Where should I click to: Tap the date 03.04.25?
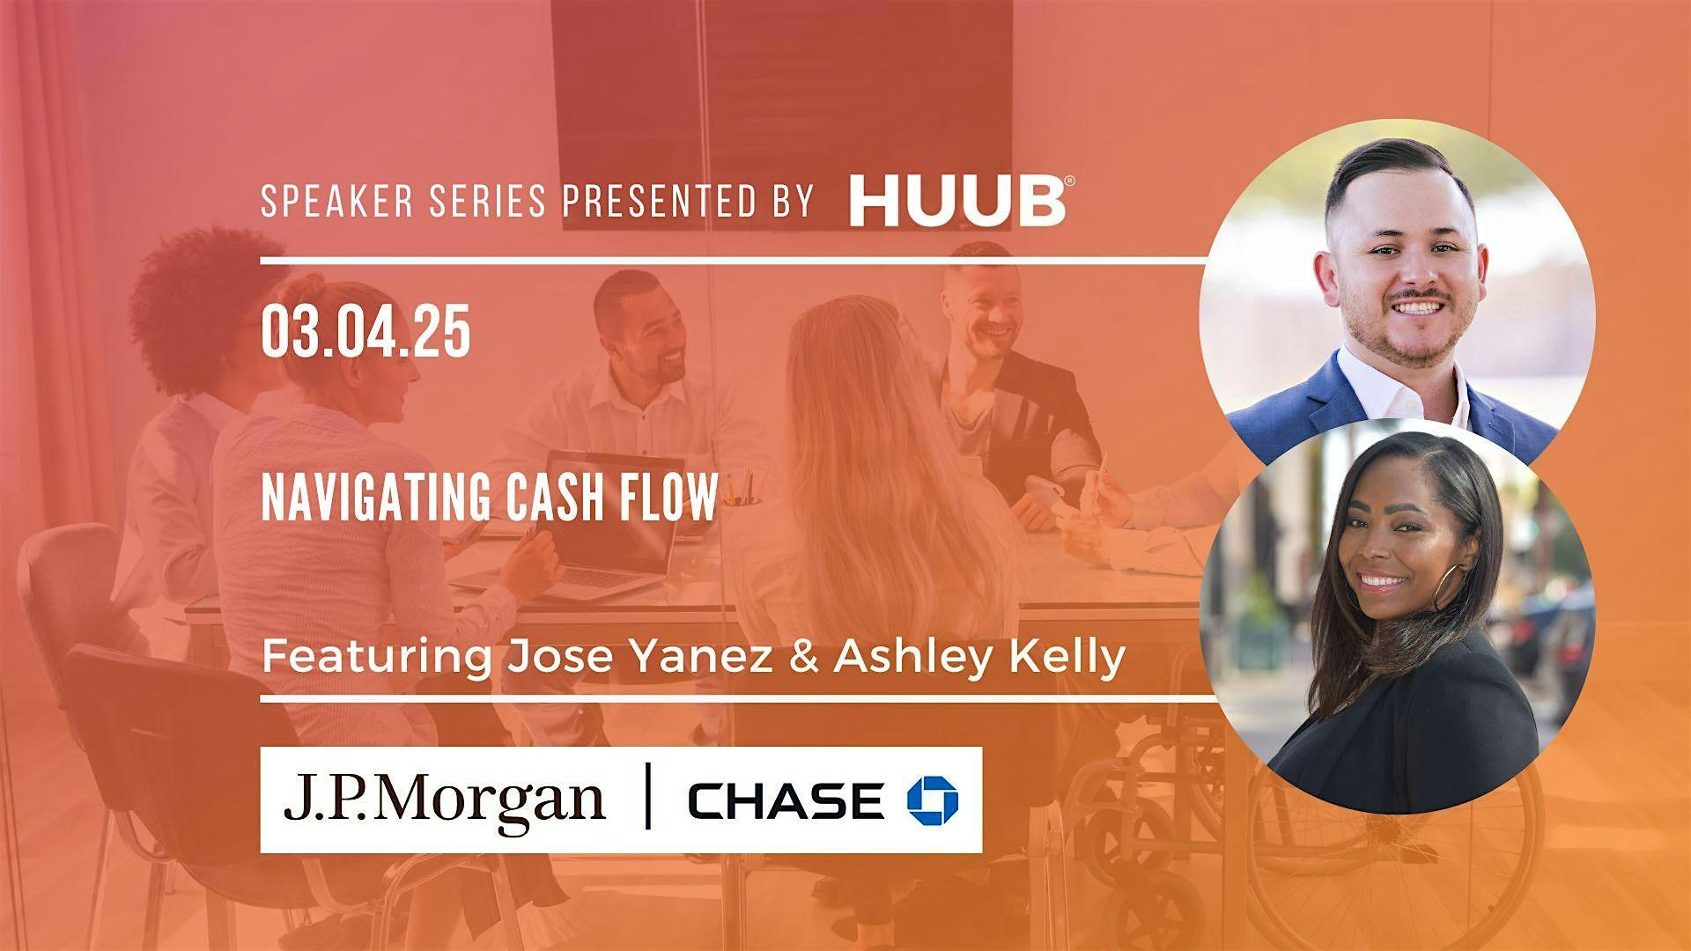(366, 333)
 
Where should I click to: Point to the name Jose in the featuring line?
(536, 657)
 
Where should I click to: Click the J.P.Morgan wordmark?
(444, 800)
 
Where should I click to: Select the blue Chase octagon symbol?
(933, 800)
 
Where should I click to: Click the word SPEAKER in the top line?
(327, 202)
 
